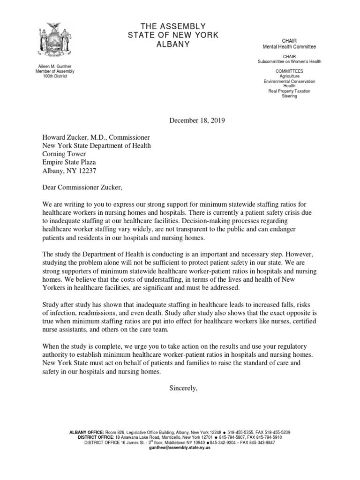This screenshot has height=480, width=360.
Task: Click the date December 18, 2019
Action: [x=197, y=120]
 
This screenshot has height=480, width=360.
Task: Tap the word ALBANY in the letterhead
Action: [x=173, y=45]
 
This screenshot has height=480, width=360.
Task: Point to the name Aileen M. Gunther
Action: [x=55, y=67]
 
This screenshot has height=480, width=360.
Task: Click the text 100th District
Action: [x=55, y=76]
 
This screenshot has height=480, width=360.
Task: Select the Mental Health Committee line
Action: [x=289, y=47]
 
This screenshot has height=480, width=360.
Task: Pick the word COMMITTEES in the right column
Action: [x=289, y=71]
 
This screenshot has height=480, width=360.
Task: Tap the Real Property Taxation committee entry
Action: [x=289, y=91]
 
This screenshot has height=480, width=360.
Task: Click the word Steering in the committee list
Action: [x=289, y=96]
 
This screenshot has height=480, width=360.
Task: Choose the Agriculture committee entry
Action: [x=289, y=76]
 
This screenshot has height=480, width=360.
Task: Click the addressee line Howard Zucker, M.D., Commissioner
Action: [x=96, y=137]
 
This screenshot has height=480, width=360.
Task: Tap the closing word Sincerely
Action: [x=183, y=388]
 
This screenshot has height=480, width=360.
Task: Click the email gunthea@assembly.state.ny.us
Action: [x=180, y=448]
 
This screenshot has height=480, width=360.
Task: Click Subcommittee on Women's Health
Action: [x=289, y=61]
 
